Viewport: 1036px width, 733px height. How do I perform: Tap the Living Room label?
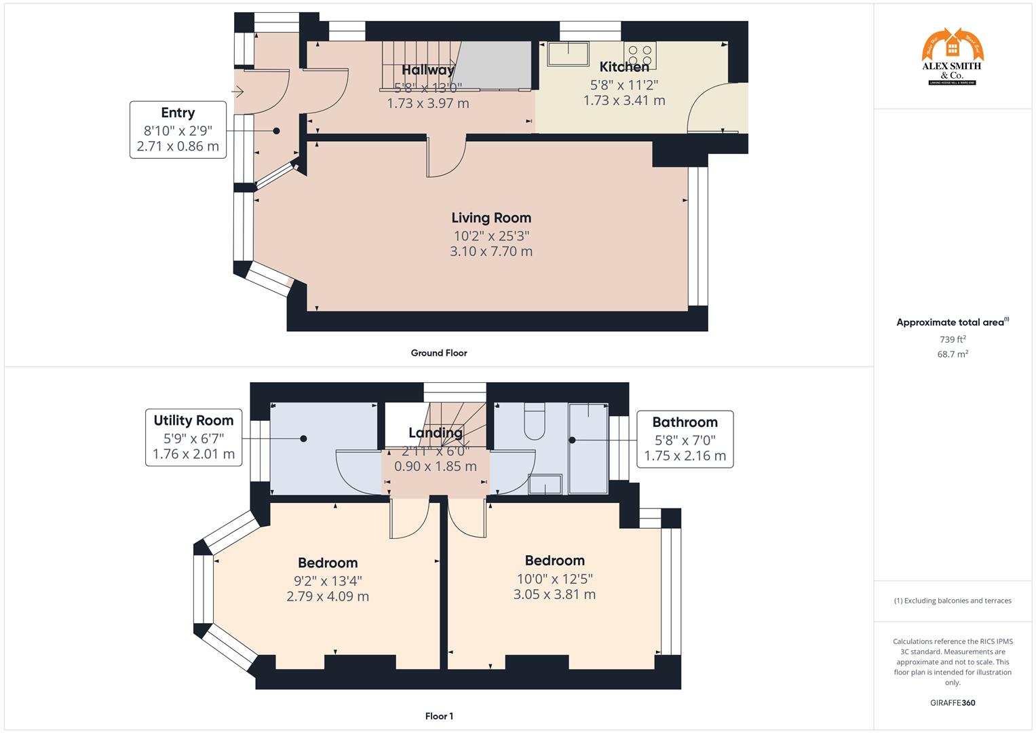pos(491,218)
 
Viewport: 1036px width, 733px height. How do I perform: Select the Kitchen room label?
pos(624,67)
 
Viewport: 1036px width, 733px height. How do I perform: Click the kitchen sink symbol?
pos(569,54)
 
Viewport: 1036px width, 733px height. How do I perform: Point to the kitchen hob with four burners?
pos(640,54)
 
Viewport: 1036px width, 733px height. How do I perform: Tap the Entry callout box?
pos(178,130)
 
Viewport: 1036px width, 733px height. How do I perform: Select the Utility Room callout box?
pos(193,437)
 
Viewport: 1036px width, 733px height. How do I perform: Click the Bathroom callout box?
pos(685,438)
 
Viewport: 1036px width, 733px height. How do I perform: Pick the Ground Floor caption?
pos(438,353)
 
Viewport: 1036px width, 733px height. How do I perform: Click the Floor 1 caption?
pos(439,716)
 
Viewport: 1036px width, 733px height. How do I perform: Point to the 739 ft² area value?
pos(952,339)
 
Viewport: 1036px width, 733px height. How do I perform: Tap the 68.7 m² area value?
pos(952,354)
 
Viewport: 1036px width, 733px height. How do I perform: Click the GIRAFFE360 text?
pos(953,703)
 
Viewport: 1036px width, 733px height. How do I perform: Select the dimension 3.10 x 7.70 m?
pos(491,251)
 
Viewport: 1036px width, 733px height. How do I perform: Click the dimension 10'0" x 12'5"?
pos(554,578)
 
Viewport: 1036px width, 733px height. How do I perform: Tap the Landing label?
pos(436,433)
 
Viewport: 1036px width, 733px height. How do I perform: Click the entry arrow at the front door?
pos(238,91)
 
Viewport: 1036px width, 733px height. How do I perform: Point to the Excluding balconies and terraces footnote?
pos(953,601)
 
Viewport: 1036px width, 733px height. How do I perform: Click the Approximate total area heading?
pos(952,322)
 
